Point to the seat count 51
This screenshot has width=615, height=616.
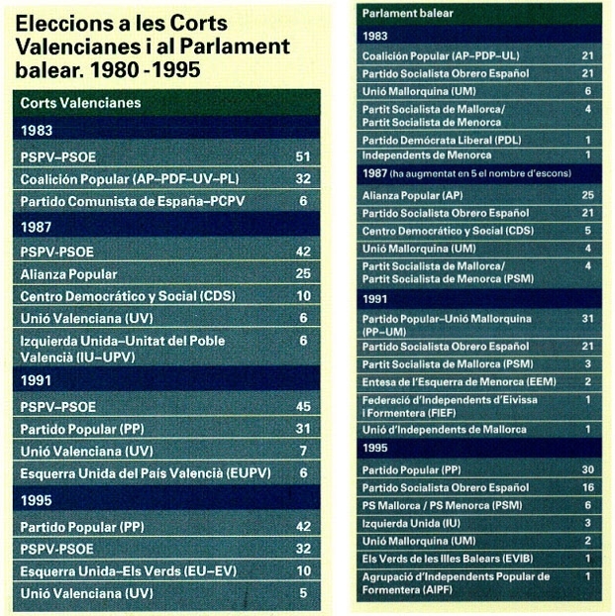click(x=303, y=156)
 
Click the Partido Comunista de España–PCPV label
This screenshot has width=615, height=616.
click(x=133, y=201)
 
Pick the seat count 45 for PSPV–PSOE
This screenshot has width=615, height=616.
click(x=303, y=407)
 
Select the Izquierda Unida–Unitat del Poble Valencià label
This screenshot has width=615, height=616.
click(x=123, y=349)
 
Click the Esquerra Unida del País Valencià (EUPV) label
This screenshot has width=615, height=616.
click(x=146, y=473)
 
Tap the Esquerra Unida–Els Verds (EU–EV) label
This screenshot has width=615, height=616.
click(x=129, y=571)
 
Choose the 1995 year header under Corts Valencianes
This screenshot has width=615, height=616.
click(x=37, y=500)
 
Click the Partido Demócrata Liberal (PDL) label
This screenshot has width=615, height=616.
click(x=442, y=141)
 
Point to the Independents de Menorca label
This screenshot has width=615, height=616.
click(x=427, y=155)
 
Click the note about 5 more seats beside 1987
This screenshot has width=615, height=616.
click(x=480, y=173)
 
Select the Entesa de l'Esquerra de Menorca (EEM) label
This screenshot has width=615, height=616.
click(x=459, y=382)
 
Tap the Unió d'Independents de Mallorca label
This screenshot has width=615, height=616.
click(x=445, y=430)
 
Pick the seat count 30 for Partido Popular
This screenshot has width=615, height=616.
click(x=588, y=469)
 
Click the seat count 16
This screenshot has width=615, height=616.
click(x=588, y=487)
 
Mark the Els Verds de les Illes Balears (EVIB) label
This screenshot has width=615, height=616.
click(x=448, y=559)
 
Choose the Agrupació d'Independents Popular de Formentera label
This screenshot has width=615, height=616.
click(x=456, y=583)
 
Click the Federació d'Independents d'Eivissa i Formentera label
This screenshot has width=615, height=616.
click(x=450, y=407)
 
